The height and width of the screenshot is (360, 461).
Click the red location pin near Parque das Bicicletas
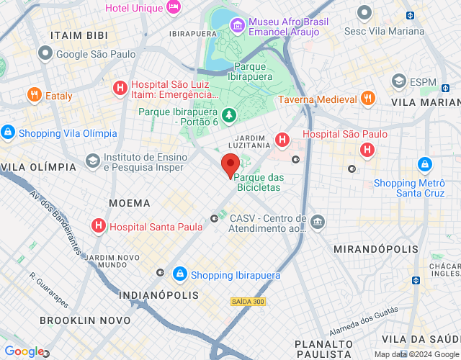tap(230, 166)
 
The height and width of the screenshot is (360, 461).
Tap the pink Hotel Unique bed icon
tap(173, 7)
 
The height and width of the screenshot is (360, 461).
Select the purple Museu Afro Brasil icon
tap(237, 26)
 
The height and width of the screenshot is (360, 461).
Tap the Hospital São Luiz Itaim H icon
tap(120, 89)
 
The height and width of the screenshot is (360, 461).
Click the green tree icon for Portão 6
tap(229, 114)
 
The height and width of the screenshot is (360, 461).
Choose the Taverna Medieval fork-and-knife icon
tap(367, 99)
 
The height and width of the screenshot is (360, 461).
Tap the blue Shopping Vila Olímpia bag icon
tap(8, 132)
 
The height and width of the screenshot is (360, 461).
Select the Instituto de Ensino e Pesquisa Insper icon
tap(92, 160)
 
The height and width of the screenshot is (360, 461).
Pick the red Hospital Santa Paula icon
tap(99, 226)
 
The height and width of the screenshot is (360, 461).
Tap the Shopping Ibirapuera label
tap(236, 275)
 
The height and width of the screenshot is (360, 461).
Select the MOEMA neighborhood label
tap(130, 203)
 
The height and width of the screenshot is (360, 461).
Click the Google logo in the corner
tap(23, 351)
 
